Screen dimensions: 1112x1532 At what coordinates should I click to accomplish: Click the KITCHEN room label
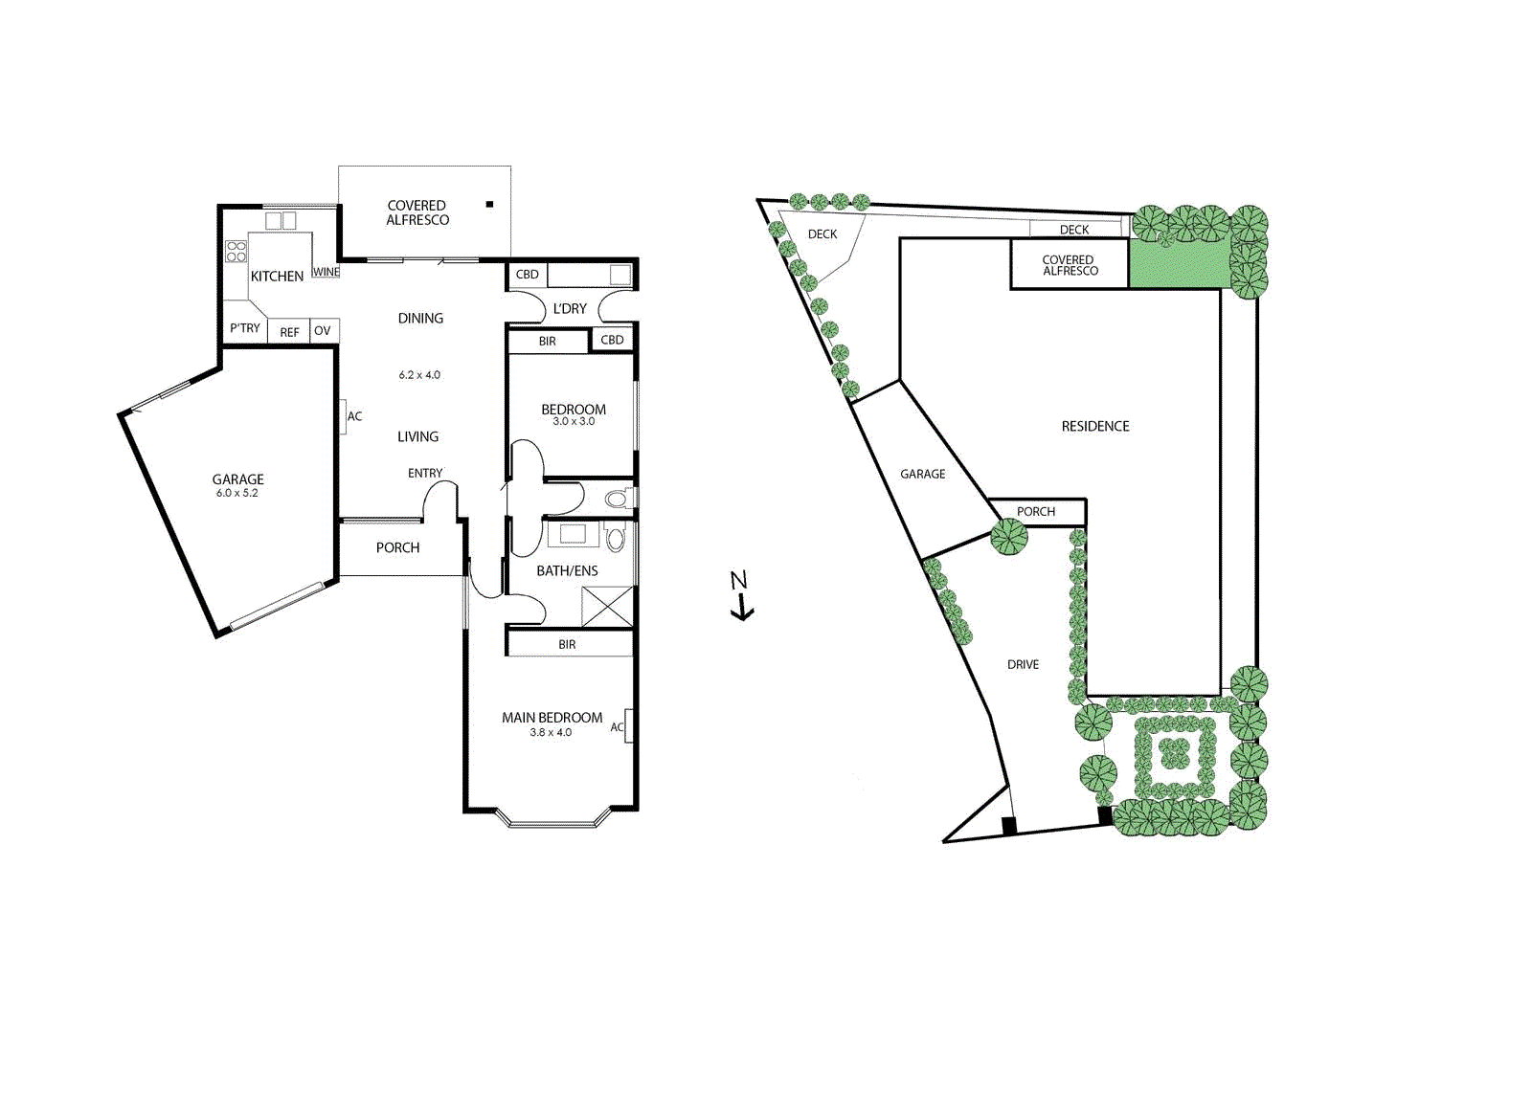[277, 277]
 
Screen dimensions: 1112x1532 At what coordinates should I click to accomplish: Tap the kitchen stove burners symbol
[236, 252]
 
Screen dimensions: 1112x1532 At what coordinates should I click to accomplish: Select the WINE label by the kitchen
[326, 272]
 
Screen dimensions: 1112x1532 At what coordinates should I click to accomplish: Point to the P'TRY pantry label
[244, 328]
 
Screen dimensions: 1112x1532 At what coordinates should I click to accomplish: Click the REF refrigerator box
[289, 332]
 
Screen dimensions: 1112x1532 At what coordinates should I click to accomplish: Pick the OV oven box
[323, 331]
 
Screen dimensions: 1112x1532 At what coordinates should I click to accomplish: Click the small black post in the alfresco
[489, 205]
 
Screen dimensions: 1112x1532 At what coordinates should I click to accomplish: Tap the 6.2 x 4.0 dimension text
[419, 375]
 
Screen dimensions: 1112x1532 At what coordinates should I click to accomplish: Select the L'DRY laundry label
[570, 309]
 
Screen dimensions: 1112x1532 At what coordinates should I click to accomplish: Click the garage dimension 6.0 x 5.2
[237, 494]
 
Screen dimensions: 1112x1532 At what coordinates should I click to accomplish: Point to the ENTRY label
[425, 474]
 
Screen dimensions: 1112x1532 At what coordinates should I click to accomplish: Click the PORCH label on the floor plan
[397, 548]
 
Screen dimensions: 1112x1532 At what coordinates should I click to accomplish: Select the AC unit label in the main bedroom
[618, 727]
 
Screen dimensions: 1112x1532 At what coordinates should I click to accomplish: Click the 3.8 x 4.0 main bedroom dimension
[551, 733]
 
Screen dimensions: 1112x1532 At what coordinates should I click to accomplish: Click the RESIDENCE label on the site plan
[1095, 427]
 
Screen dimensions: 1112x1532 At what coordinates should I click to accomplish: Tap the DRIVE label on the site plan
[1023, 665]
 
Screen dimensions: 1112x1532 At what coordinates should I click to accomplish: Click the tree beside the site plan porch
[1008, 537]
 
